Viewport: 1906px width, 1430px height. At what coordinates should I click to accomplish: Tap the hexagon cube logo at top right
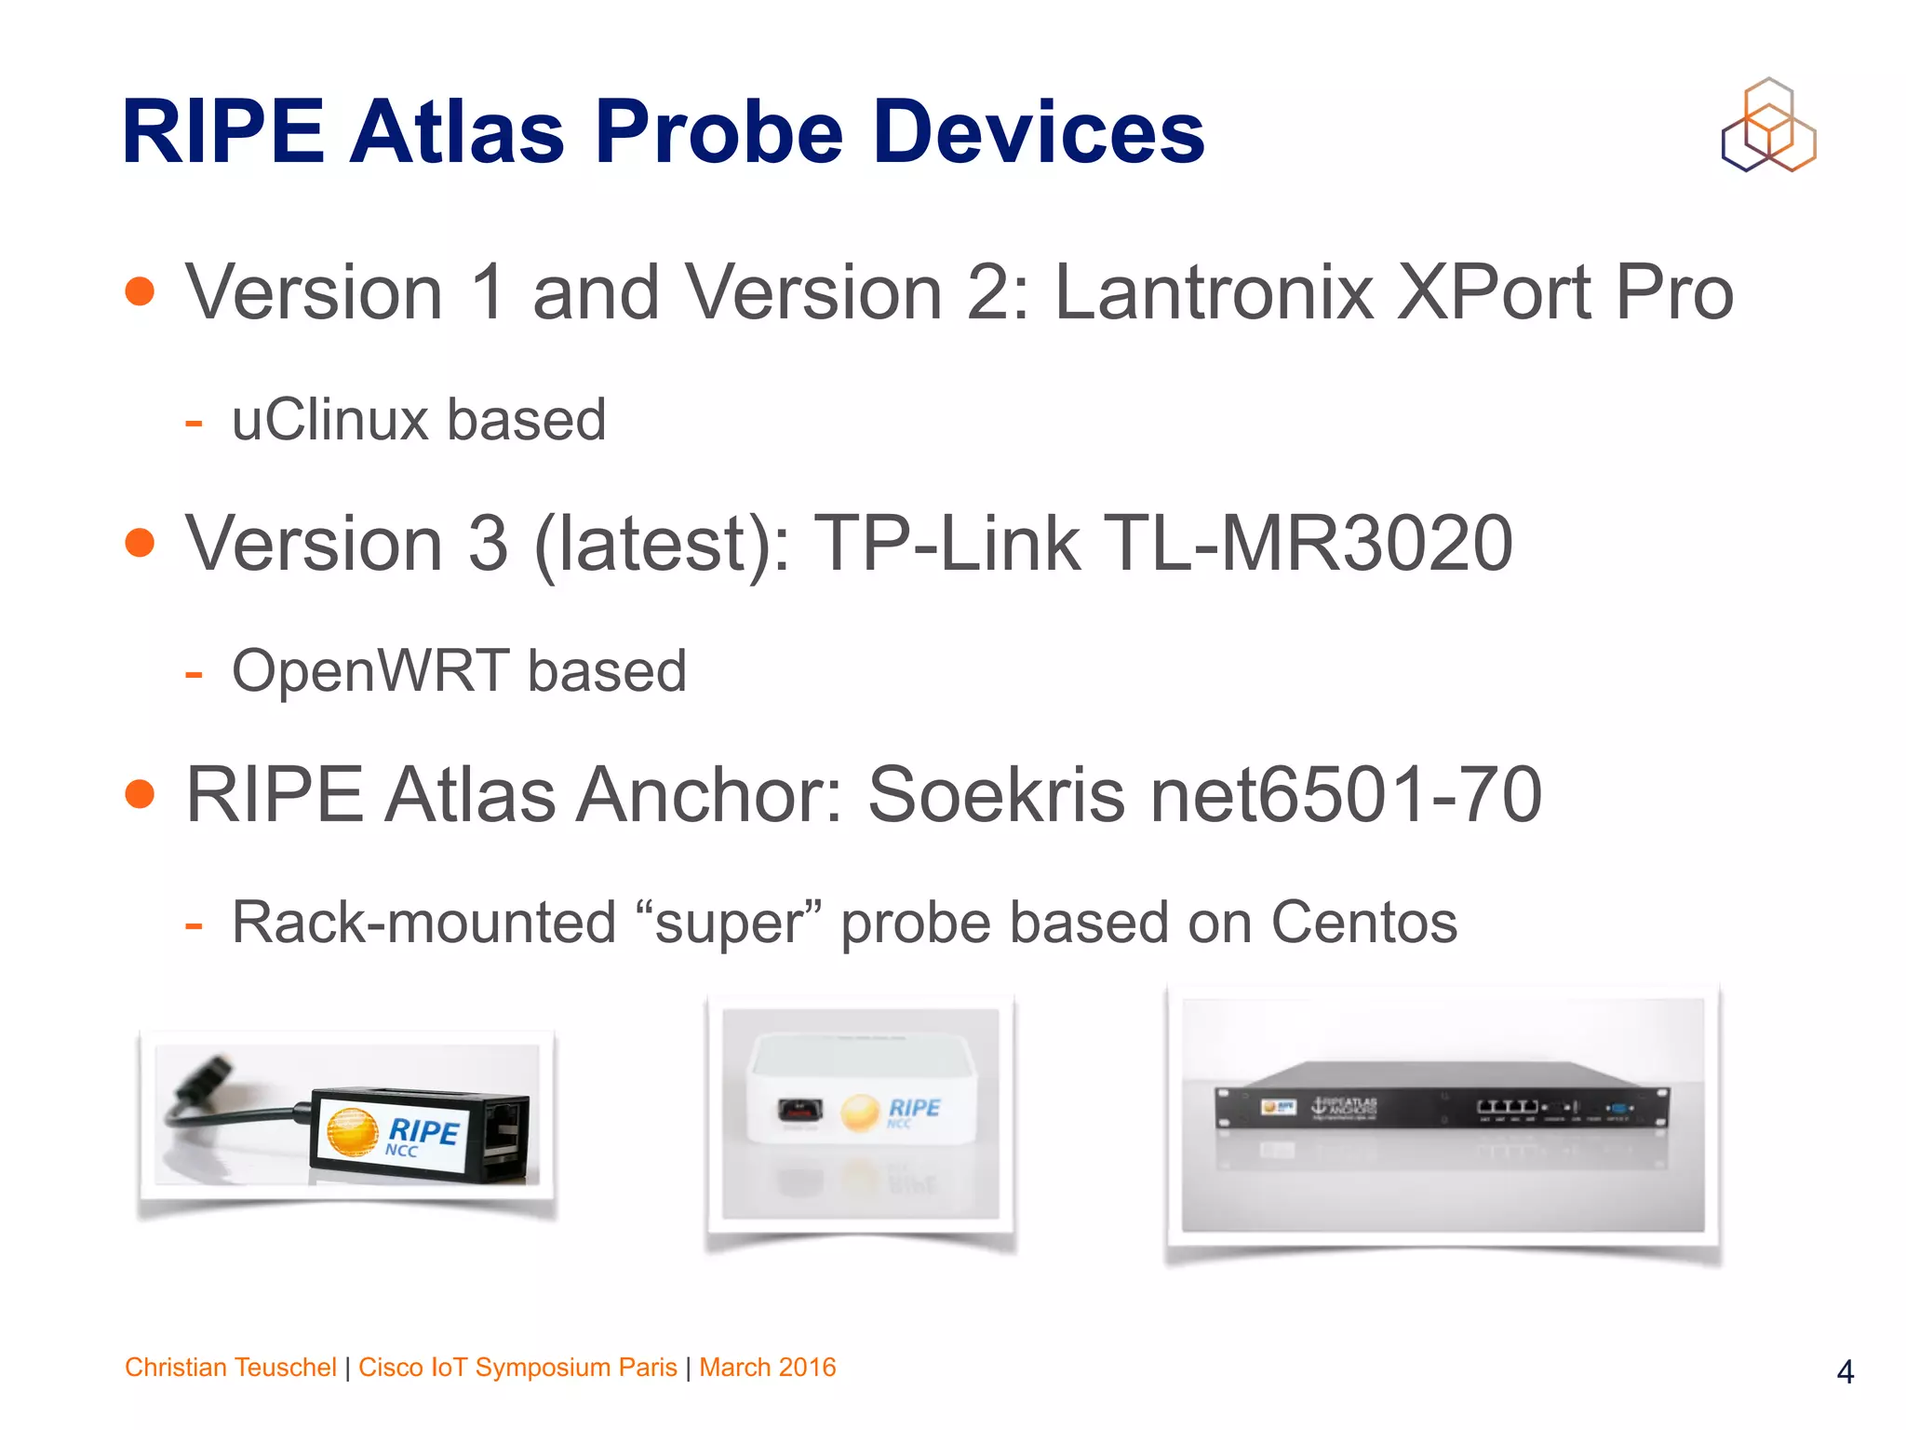[1768, 126]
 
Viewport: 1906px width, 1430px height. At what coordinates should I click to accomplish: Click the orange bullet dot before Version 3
[140, 542]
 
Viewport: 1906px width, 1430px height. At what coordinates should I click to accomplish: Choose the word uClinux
[329, 420]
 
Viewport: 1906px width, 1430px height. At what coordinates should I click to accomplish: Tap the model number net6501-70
[1346, 795]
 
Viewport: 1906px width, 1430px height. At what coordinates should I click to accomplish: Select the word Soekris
[997, 795]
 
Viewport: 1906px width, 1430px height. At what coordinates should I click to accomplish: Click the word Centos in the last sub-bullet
[1363, 923]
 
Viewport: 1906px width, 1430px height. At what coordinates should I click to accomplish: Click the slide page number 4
[1845, 1371]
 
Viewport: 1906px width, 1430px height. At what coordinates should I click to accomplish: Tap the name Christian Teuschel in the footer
[230, 1367]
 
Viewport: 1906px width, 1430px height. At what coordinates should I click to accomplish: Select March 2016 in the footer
[767, 1367]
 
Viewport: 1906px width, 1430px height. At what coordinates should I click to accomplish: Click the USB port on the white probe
[799, 1110]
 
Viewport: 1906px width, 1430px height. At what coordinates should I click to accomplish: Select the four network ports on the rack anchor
[1507, 1106]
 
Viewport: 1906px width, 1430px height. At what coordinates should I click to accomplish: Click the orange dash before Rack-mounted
[194, 926]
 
